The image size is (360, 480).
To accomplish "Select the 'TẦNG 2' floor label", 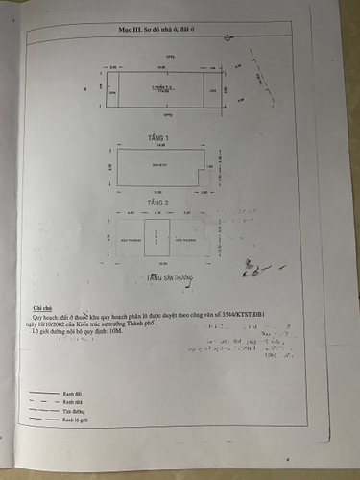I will coord(158,203).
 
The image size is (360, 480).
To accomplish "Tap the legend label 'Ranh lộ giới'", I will coord(76,420).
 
